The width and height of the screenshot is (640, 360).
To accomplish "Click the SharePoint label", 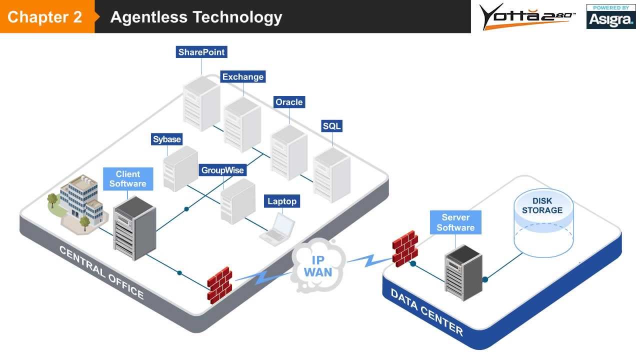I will pos(201,52).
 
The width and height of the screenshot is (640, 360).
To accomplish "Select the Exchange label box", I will pos(242,77).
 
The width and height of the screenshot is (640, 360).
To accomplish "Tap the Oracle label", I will pos(289,102).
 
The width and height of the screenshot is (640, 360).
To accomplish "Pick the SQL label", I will pos(331,126).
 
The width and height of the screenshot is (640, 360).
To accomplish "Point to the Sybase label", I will pos(167,139).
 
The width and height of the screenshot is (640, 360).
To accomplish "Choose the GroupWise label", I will pos(222,170).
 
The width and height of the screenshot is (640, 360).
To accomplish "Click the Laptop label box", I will pos(282,201).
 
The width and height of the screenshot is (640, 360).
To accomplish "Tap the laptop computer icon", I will pos(279,229).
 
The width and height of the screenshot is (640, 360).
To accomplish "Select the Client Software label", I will pos(128,179).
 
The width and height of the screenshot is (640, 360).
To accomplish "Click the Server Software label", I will pos(455,222).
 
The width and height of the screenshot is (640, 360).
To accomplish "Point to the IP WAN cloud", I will pos(318,265).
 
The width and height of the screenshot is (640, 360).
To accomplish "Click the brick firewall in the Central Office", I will pos(219,283).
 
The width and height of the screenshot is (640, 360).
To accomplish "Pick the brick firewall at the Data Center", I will pos(404,248).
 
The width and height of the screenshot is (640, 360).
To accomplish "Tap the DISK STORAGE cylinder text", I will pos(542,205).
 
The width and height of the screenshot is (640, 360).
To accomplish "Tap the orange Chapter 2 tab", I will pos(46,17).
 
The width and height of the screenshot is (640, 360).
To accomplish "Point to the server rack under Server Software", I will pos(462,272).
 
